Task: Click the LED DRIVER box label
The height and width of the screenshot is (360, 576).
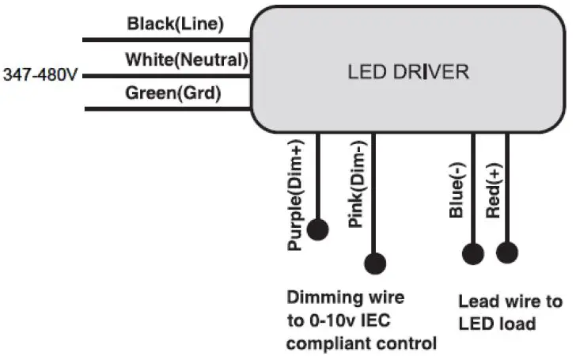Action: click(x=408, y=72)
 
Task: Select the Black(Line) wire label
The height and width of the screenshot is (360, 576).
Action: click(x=176, y=25)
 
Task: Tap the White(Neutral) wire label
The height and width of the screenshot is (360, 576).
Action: click(x=188, y=59)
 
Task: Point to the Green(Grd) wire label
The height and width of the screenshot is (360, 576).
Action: click(x=173, y=93)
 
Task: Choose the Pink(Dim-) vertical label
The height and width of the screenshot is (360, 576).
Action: click(x=355, y=189)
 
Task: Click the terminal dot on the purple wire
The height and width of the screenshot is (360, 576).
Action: click(x=318, y=229)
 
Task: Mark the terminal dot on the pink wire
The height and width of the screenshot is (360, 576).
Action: click(x=375, y=263)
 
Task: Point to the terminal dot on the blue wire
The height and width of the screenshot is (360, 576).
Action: click(x=472, y=253)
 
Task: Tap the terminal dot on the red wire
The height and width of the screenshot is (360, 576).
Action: click(x=507, y=253)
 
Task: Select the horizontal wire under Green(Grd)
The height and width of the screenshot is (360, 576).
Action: click(x=166, y=108)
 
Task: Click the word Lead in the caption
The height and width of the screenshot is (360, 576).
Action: click(x=476, y=301)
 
